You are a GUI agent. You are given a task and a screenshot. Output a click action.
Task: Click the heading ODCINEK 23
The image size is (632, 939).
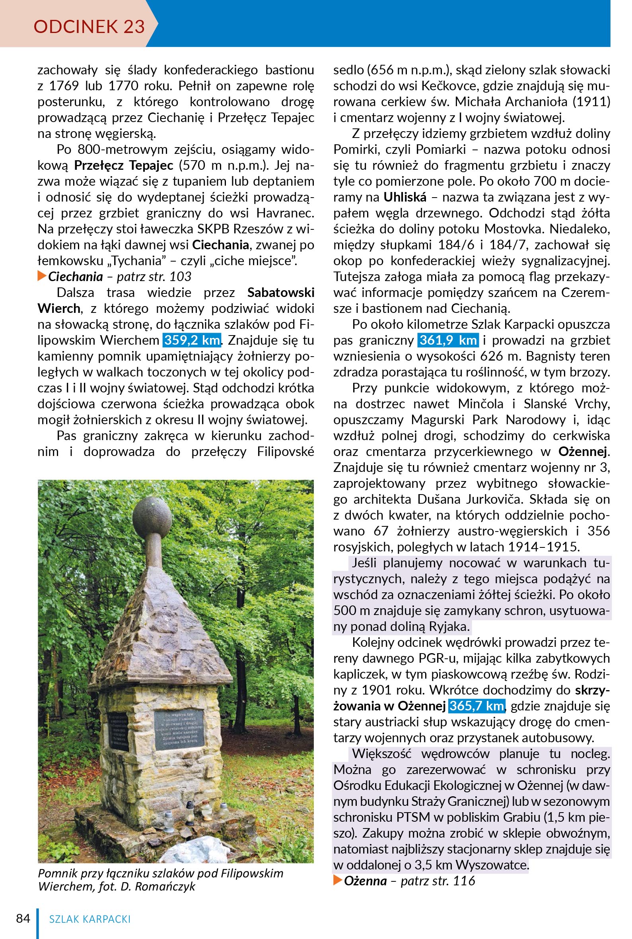pos(89,27)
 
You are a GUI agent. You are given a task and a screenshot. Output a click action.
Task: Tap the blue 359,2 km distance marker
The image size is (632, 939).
pos(192,340)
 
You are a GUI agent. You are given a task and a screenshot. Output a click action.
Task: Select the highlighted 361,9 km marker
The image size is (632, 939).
pos(448,340)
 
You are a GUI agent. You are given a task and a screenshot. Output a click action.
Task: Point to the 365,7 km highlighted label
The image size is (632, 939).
pos(476,706)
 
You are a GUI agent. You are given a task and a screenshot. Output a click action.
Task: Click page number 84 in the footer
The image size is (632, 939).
pos(23,918)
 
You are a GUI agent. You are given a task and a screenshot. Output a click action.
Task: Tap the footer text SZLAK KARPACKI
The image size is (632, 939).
pos(90,919)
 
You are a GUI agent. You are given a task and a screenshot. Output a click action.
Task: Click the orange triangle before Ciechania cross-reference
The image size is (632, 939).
pos(42,276)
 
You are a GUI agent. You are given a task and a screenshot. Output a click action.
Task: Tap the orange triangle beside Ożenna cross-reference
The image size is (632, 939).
pos(338,881)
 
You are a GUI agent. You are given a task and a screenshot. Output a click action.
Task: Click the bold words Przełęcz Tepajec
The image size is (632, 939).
pos(124,165)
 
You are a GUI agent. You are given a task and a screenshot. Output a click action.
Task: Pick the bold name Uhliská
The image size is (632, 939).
pos(404,198)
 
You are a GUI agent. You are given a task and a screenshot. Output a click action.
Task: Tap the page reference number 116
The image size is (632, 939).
pos(464,881)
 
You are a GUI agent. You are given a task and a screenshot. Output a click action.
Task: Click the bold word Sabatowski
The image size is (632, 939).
pos(280,293)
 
